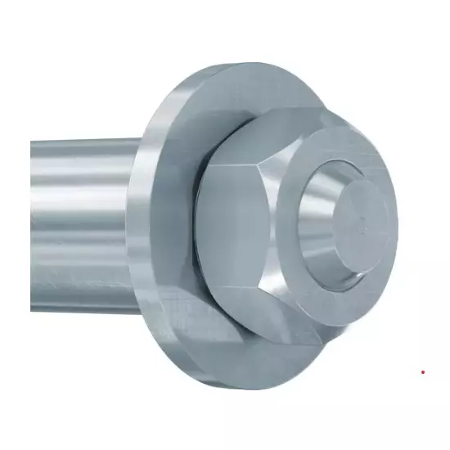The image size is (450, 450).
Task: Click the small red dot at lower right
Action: (x=423, y=371)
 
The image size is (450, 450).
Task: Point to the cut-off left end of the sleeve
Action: (x=34, y=213)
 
